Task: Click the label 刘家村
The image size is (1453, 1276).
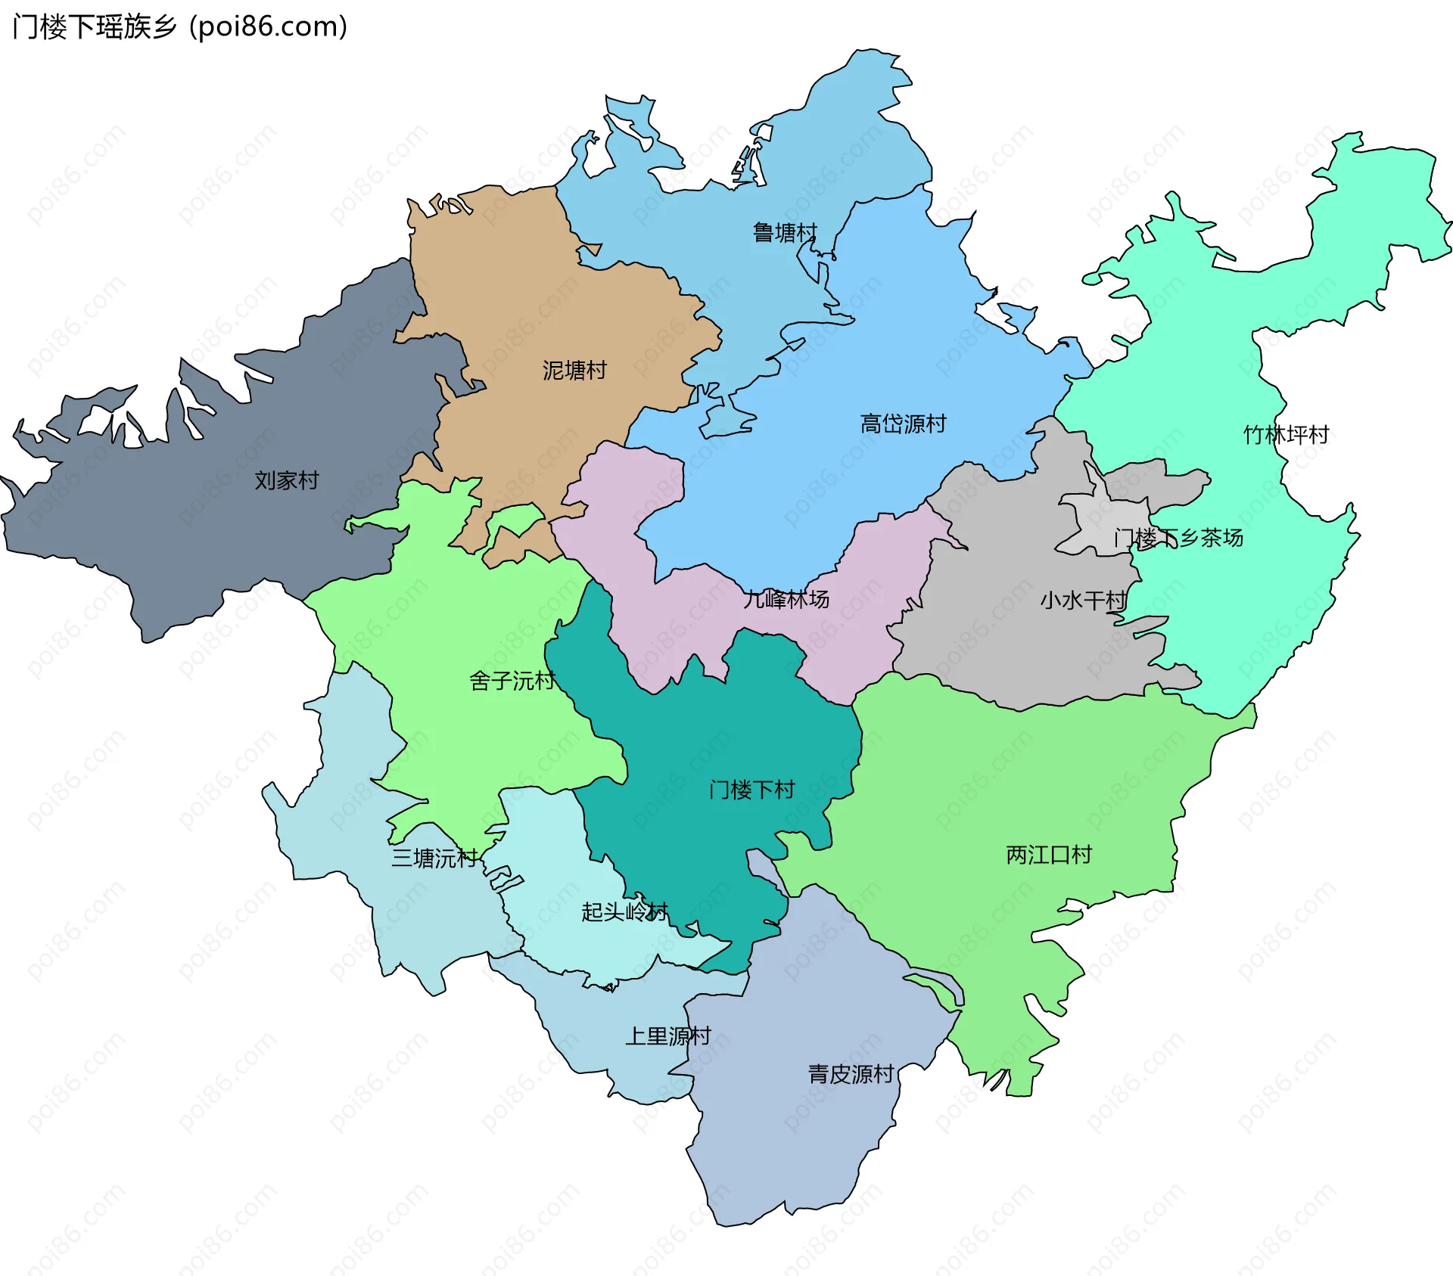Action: (286, 480)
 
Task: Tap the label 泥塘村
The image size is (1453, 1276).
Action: (574, 370)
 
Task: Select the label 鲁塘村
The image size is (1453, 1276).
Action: (785, 232)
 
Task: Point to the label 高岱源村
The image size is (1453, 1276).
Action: (903, 424)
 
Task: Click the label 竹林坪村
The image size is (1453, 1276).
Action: (1286, 435)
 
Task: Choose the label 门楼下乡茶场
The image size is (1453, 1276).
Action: (1178, 538)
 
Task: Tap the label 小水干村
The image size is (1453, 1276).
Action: (1083, 601)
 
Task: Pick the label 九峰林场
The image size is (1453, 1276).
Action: (786, 599)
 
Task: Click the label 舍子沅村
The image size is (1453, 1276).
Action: (512, 681)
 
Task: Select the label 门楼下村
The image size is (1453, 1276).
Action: (751, 790)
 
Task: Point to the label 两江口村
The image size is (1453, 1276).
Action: (1049, 855)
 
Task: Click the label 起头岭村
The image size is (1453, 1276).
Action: (624, 911)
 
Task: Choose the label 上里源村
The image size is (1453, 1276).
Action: (667, 1035)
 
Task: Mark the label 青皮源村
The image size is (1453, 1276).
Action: (851, 1073)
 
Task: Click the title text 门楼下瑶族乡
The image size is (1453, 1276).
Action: (95, 26)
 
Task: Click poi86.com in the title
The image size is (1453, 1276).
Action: (268, 26)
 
